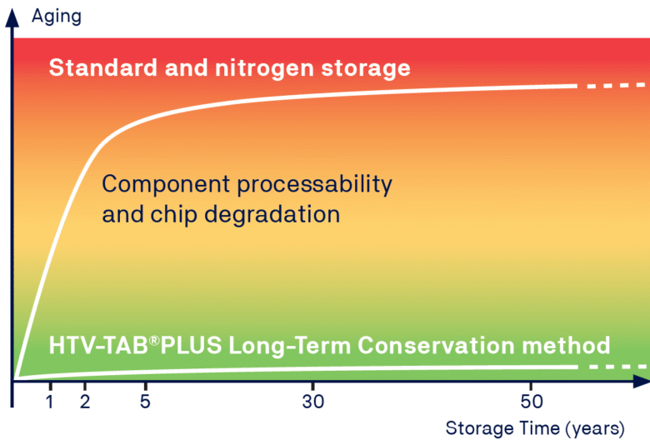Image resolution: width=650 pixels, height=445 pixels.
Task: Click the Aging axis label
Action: coord(57,17)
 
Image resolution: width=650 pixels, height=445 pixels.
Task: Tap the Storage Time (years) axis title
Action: coord(535,428)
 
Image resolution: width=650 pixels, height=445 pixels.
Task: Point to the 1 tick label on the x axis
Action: coord(50,402)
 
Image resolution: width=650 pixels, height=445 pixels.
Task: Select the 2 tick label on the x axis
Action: coord(85,402)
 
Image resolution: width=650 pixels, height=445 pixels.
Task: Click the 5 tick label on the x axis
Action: coord(145,402)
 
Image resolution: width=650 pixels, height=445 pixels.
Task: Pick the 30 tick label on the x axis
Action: coord(313,402)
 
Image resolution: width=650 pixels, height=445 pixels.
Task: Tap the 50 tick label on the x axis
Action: coord(532,402)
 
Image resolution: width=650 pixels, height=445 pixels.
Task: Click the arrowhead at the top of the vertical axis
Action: coord(12,17)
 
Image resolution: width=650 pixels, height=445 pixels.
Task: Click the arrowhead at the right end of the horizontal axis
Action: coord(642,381)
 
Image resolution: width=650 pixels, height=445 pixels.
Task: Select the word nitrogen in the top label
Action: coord(264,68)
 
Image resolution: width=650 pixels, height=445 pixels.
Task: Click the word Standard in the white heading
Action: coord(103,67)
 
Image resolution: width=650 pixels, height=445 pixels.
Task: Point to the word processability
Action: coord(315,184)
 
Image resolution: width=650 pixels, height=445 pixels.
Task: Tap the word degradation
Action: coord(272,214)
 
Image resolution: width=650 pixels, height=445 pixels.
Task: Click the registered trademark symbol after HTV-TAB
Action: coord(154,341)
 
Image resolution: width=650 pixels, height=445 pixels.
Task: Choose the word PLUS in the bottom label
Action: coord(191,346)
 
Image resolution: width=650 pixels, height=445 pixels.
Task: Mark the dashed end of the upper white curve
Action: coord(617,86)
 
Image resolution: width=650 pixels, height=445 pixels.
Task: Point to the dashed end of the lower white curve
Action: coord(617,367)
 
